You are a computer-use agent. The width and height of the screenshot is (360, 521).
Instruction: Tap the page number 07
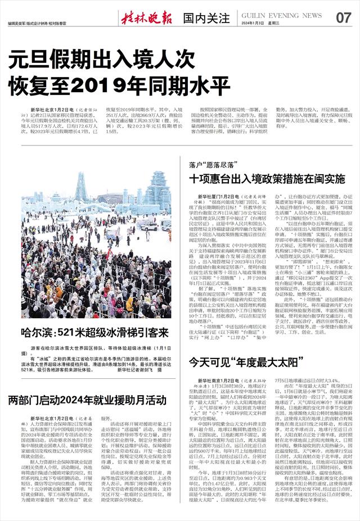(x=344, y=17)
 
